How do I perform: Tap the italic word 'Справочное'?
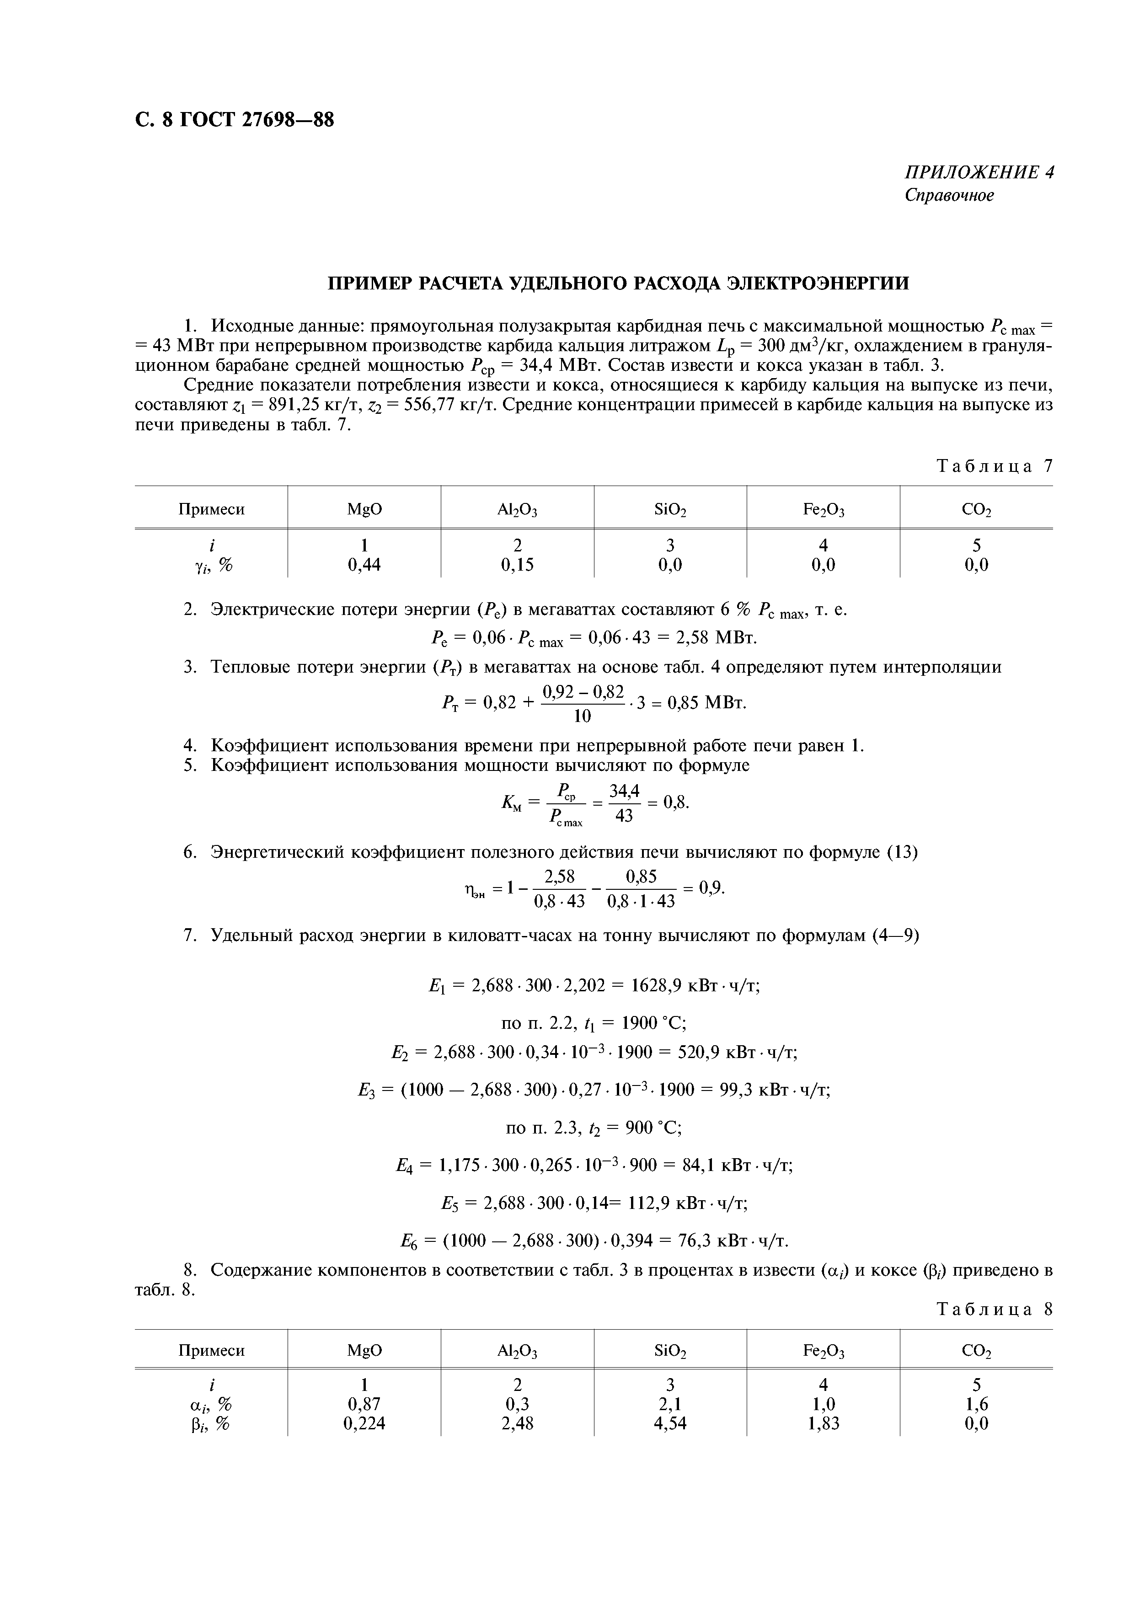[949, 196]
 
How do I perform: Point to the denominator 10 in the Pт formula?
[582, 716]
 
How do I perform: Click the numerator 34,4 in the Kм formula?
[625, 791]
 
